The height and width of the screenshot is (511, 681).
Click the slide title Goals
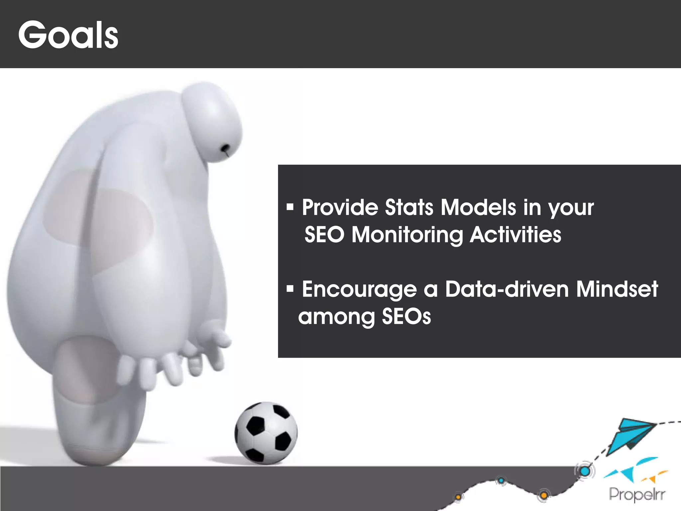point(68,35)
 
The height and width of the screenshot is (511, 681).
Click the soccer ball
point(266,433)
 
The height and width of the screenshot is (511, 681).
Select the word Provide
point(340,208)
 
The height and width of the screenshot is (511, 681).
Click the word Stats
point(409,208)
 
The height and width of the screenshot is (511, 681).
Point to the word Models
point(478,208)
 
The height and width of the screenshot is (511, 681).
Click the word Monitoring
point(407,235)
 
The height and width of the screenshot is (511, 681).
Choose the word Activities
point(515,235)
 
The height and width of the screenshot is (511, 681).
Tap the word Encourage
point(359,289)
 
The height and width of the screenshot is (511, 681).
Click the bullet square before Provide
point(290,207)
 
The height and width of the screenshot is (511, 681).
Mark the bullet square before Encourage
point(290,288)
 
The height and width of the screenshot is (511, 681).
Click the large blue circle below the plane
point(585,471)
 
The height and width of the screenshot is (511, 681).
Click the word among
point(336,317)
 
